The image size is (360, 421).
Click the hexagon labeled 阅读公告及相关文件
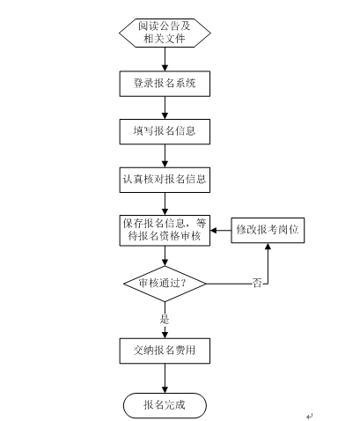165,33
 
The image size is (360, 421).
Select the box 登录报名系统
165,84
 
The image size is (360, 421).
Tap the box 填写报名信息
165,131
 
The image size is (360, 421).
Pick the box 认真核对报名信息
165,180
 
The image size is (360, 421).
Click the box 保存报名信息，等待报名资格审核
165,231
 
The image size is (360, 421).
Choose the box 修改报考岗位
268,230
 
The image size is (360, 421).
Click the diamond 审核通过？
165,284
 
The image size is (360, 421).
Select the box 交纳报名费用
165,351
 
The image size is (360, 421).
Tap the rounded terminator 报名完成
165,405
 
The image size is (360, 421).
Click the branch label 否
257,284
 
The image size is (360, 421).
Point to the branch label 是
165,319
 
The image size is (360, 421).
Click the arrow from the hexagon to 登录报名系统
165,59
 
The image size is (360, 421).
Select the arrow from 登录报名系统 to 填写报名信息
165,107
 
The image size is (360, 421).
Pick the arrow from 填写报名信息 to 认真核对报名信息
165,156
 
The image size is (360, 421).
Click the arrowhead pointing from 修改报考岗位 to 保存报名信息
214,231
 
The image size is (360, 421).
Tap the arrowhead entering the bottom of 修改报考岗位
268,247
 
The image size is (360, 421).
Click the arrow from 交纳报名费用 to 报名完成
165,379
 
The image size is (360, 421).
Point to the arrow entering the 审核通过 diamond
165,256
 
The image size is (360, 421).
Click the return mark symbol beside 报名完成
310,416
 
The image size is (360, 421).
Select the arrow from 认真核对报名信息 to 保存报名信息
165,204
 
